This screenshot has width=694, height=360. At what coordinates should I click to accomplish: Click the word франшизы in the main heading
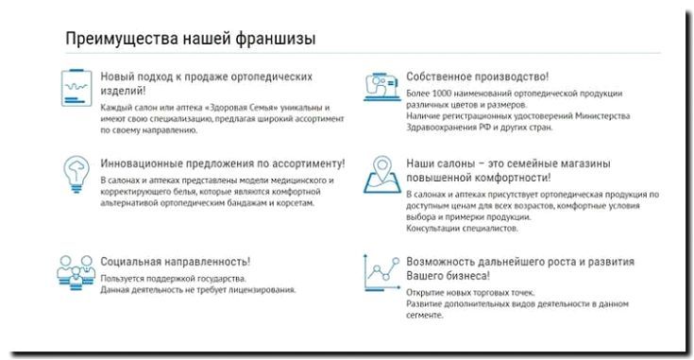click(275, 40)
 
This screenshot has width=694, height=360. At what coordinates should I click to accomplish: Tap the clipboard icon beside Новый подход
click(75, 86)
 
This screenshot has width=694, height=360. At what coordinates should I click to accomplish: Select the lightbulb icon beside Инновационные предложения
click(75, 172)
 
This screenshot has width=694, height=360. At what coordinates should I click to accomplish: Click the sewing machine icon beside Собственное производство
click(380, 86)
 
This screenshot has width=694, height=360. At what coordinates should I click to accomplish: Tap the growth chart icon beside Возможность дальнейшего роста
click(380, 272)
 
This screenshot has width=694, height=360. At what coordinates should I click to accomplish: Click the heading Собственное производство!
click(477, 75)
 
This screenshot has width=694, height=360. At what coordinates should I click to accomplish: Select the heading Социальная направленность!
click(175, 260)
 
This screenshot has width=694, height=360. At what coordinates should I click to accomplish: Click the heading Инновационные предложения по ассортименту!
click(222, 163)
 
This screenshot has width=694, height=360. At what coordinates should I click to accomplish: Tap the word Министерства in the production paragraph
click(594, 117)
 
